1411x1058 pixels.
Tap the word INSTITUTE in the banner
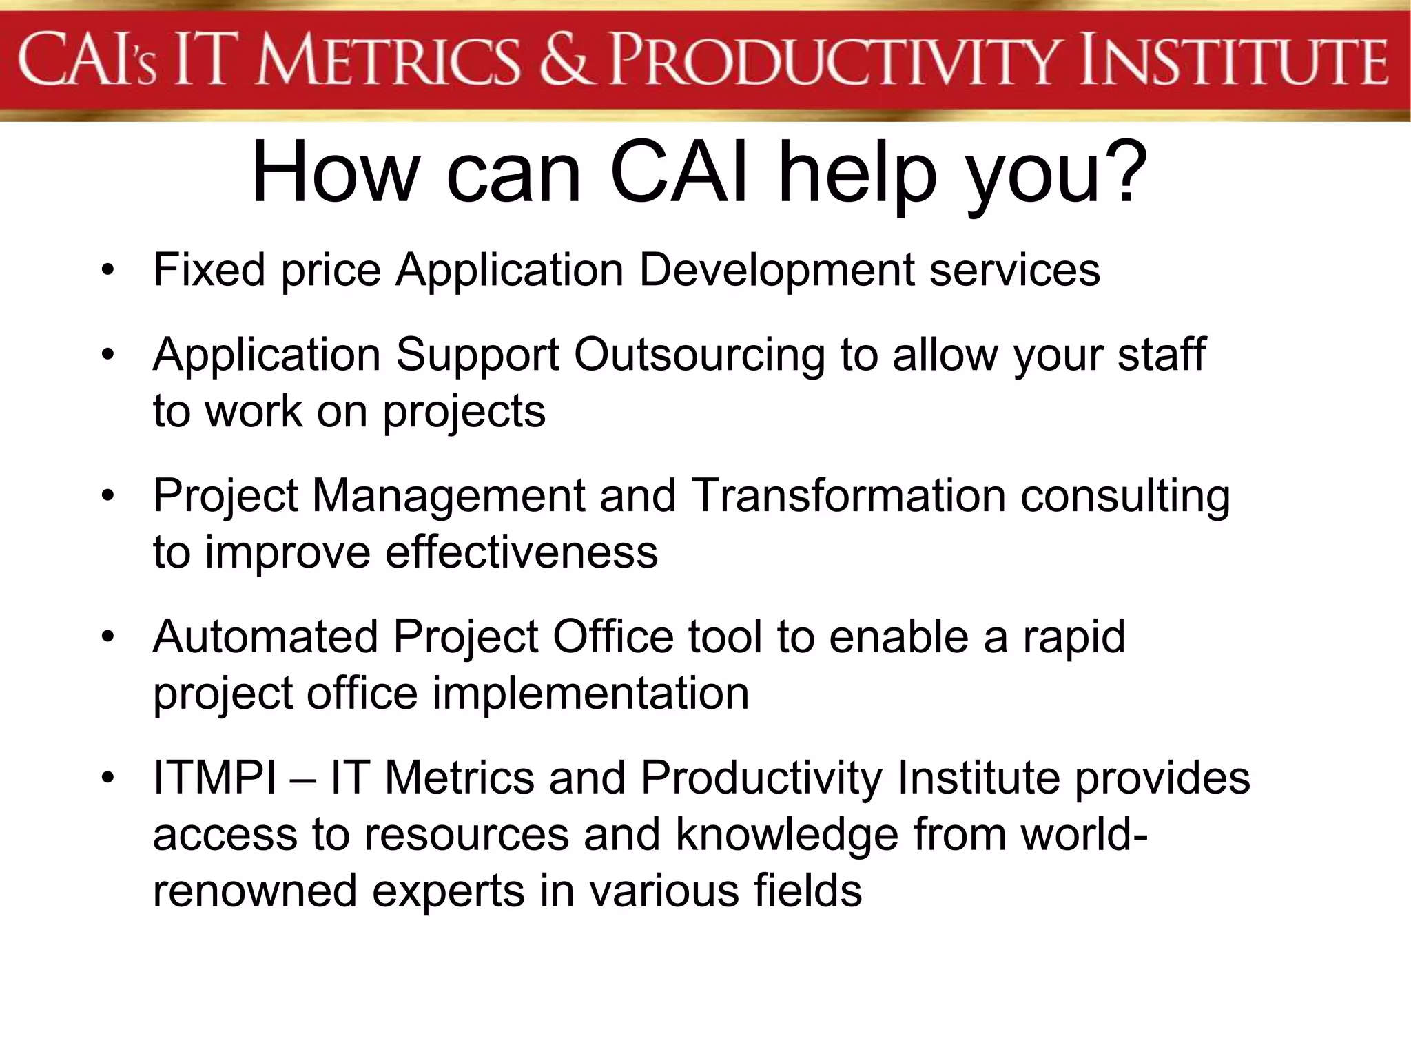1233,62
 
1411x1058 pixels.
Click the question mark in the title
1123,172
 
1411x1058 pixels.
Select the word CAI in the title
679,172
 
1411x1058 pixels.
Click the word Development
777,271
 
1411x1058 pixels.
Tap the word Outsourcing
699,355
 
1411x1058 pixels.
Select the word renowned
255,891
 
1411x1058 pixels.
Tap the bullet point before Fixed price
107,270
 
